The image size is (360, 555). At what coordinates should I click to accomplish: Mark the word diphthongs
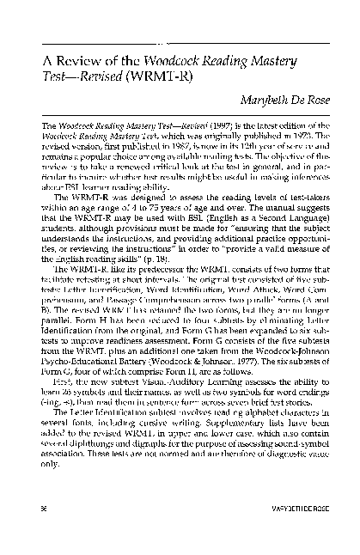click(x=94, y=442)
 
